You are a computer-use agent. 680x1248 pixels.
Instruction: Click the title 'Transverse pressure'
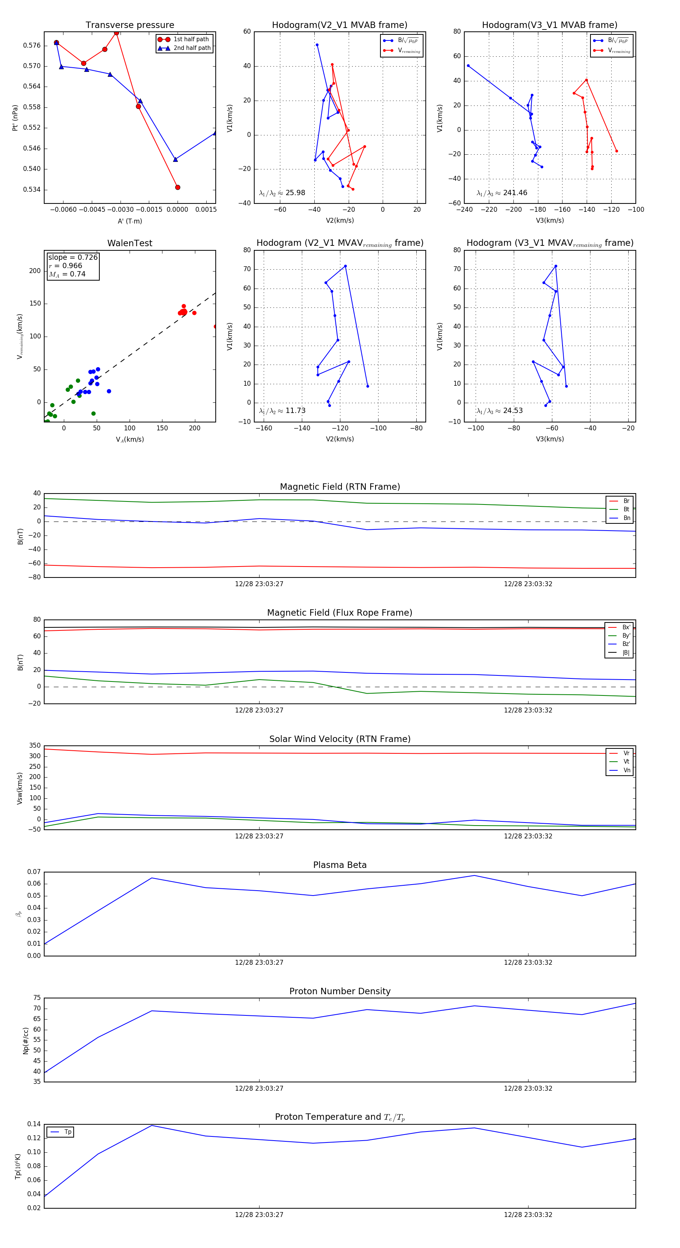tap(130, 25)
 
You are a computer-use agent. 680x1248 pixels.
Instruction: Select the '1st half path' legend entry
tap(191, 39)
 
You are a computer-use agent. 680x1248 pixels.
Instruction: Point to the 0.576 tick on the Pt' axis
tap(32, 45)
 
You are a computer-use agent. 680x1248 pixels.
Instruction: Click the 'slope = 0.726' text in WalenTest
tap(73, 257)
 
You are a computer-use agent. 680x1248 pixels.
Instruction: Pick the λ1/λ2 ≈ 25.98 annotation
tap(282, 193)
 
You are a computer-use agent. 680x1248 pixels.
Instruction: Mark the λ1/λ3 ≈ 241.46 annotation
tap(502, 193)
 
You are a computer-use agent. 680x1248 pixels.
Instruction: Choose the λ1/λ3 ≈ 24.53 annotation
tap(499, 411)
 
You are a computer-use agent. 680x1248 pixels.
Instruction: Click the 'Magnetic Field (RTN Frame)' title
tap(340, 487)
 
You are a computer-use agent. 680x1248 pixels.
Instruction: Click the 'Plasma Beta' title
tap(340, 865)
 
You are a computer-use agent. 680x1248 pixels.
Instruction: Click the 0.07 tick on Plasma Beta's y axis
tap(34, 872)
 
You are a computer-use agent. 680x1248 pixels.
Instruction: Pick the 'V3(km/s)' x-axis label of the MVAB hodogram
tap(549, 220)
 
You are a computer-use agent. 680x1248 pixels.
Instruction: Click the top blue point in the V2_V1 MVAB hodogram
tap(317, 45)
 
